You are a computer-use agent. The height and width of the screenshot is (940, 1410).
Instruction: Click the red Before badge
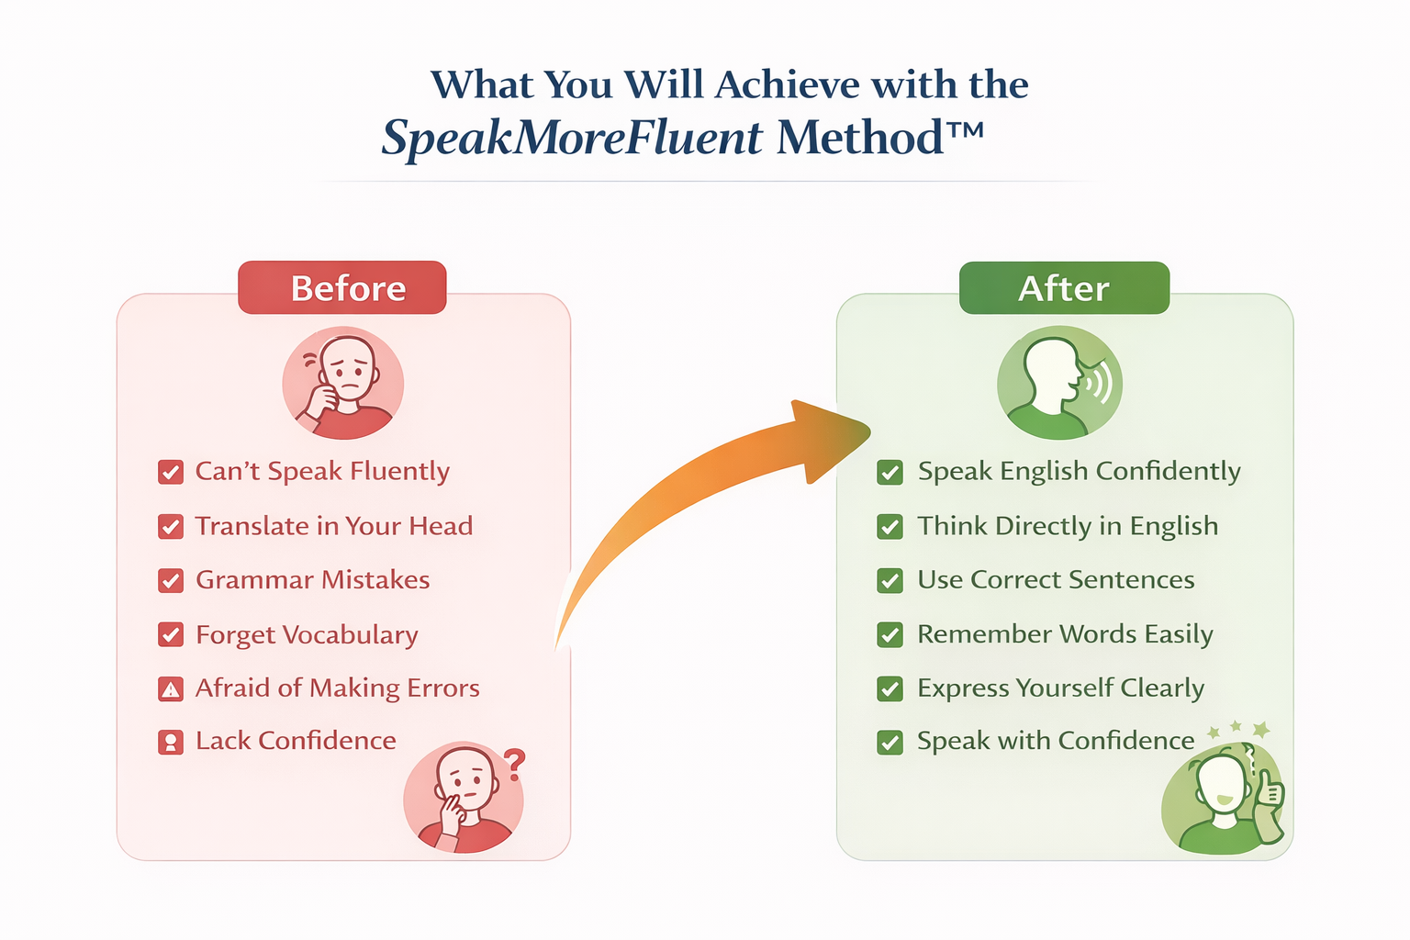(342, 287)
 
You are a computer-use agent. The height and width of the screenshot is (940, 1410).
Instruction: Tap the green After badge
(1065, 287)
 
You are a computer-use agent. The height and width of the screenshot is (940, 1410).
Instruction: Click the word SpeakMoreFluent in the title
(572, 138)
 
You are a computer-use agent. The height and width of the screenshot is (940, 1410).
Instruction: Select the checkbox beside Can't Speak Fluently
(171, 472)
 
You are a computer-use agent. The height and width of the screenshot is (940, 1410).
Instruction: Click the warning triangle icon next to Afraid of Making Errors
(171, 689)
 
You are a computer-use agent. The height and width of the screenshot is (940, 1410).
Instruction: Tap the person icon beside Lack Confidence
(171, 743)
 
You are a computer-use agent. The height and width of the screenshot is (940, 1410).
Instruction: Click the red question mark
(514, 765)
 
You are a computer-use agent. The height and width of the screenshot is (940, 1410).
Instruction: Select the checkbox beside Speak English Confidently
(890, 472)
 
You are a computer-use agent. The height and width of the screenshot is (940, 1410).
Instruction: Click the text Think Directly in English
(1068, 526)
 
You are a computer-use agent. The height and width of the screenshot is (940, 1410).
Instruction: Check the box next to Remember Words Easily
(890, 634)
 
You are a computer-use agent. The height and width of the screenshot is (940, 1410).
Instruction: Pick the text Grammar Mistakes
(313, 580)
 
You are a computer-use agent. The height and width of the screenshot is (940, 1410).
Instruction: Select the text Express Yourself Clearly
(1060, 688)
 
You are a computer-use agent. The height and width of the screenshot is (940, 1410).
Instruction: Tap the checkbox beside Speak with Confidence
(890, 743)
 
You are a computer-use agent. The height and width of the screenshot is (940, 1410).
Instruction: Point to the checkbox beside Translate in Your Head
(171, 526)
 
